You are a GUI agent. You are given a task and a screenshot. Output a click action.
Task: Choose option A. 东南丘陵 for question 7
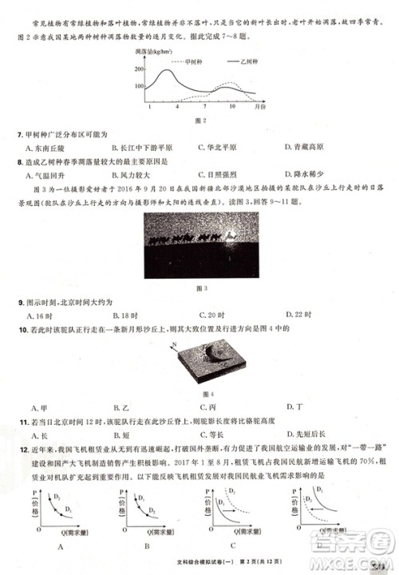47,148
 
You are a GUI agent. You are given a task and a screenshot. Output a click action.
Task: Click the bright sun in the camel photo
231,235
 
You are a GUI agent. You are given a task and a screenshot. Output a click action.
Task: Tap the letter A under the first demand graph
61,546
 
